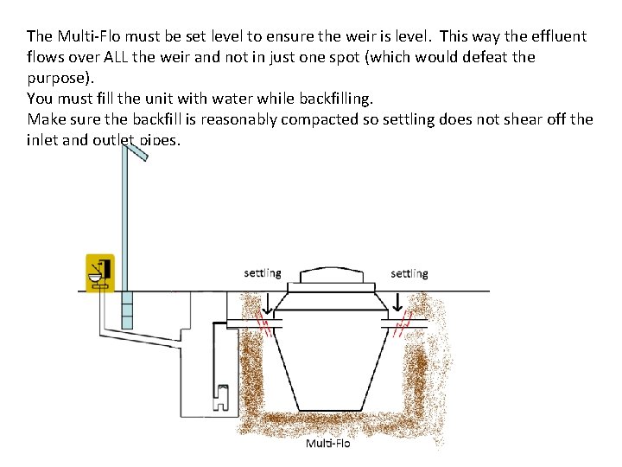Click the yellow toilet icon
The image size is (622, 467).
100,272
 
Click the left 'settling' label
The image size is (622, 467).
262,273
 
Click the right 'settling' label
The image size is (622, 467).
409,273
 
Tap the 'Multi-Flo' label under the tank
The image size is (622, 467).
328,444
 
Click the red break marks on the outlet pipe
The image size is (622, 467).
401,326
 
